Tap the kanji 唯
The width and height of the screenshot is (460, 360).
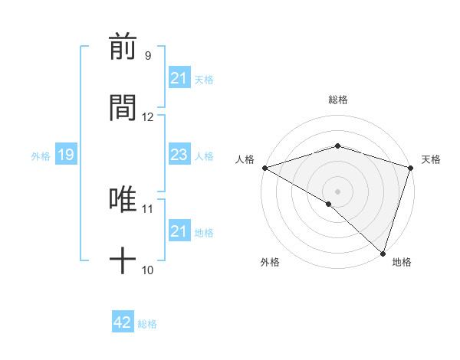[123, 201]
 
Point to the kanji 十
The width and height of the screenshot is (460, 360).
[123, 260]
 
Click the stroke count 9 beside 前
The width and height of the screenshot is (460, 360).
[148, 56]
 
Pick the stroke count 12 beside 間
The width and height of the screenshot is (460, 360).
[148, 117]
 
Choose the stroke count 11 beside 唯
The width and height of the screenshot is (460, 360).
[148, 208]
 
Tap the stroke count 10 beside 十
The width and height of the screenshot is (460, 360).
[148, 270]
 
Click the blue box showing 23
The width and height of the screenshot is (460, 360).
[179, 155]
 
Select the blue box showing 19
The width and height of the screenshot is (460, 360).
[65, 155]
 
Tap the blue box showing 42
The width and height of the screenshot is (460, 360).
[122, 322]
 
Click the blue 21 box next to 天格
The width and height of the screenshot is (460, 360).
[179, 78]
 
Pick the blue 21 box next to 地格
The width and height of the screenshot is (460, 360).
[179, 231]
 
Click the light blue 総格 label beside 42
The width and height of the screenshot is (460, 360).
[147, 324]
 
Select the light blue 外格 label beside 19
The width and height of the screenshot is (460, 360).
[41, 155]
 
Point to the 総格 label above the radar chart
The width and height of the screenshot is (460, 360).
[337, 100]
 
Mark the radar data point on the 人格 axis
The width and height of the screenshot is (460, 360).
[264, 168]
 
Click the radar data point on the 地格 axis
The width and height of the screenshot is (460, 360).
[382, 253]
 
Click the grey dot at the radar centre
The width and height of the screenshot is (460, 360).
[337, 191]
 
